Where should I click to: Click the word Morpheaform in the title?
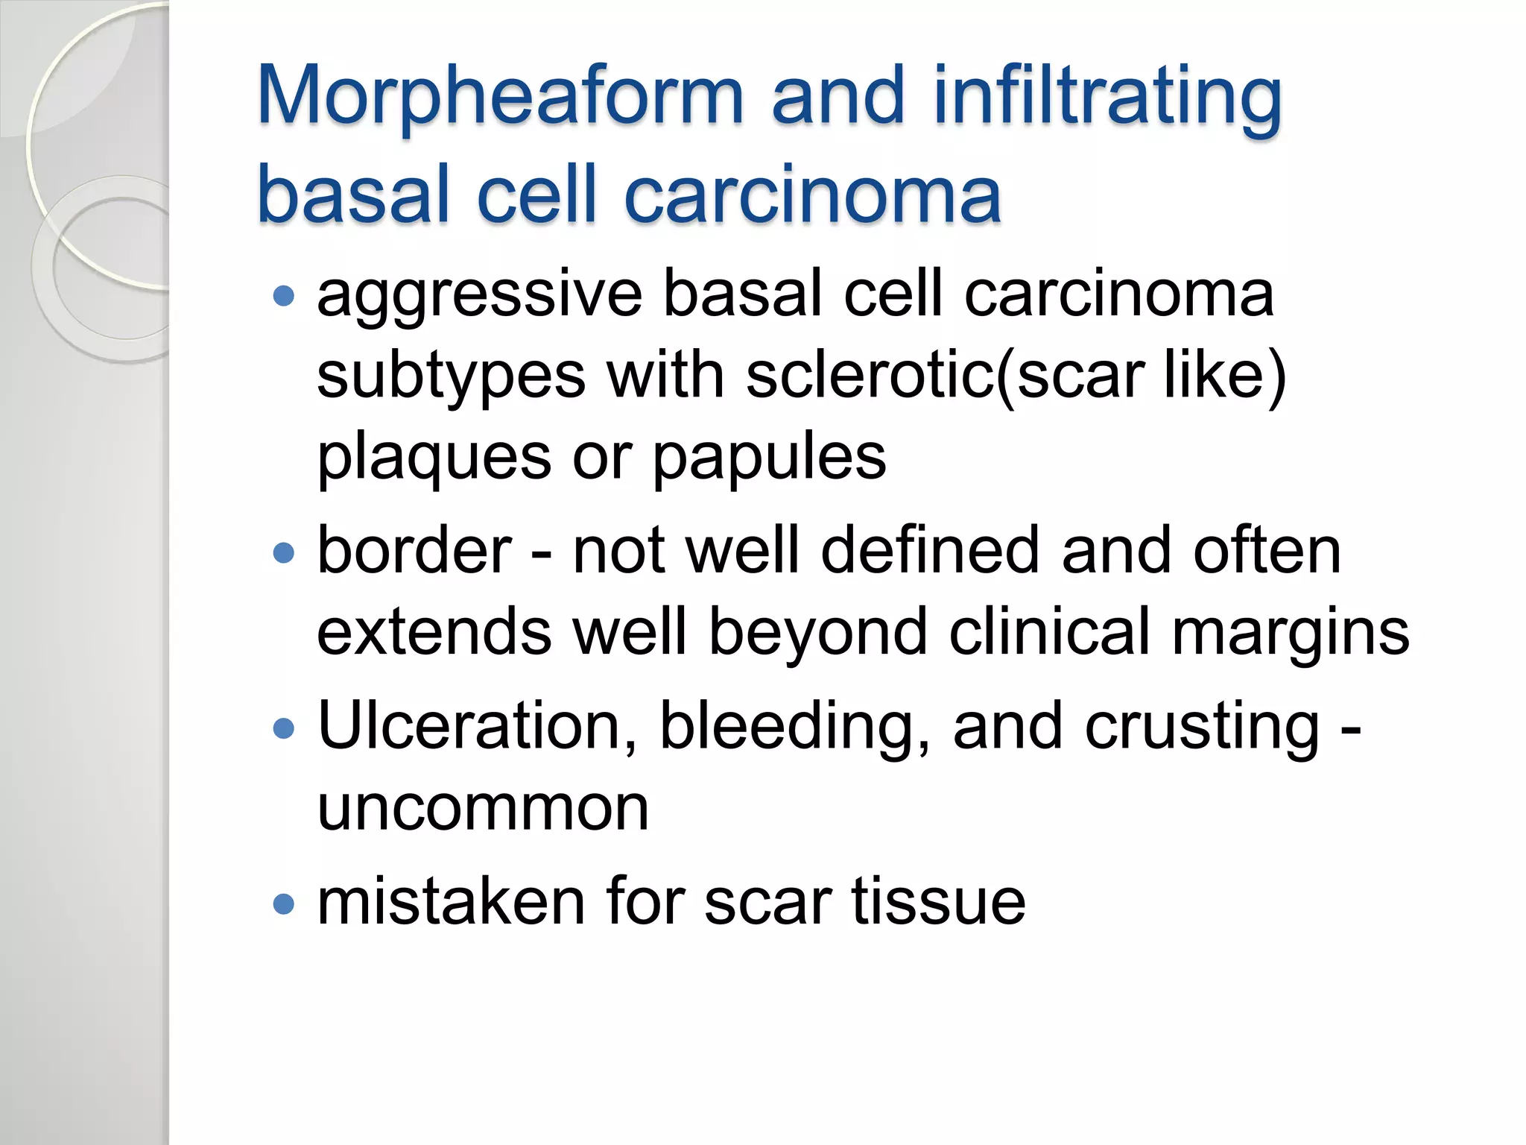[500, 97]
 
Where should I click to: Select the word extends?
[434, 632]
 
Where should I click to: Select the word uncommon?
[483, 808]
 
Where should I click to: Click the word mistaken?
[451, 902]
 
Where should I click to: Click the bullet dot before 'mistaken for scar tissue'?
[284, 905]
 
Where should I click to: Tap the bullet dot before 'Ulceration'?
[284, 728]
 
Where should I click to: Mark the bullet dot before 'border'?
[284, 553]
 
